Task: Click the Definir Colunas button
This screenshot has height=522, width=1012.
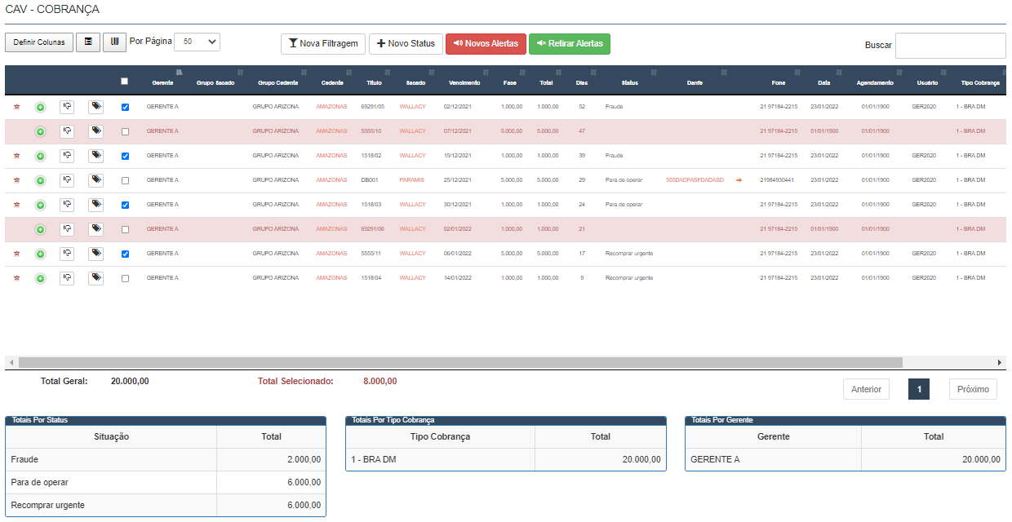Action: (38, 42)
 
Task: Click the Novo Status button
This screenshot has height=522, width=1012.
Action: (406, 44)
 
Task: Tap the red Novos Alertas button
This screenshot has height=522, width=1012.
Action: (486, 44)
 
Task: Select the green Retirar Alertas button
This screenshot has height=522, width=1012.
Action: (570, 44)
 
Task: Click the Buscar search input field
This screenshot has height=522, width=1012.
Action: (950, 46)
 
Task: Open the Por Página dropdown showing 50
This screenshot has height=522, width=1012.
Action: (198, 42)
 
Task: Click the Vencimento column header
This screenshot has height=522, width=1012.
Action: (464, 82)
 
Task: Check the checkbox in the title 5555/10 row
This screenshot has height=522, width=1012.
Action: (125, 131)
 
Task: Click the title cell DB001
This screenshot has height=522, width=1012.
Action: (369, 180)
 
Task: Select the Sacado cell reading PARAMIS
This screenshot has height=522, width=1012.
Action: (412, 180)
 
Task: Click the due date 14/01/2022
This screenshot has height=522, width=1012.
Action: (458, 278)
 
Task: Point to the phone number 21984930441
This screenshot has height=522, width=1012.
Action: (776, 180)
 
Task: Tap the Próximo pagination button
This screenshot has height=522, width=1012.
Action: (973, 389)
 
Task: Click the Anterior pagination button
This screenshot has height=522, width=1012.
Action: (866, 389)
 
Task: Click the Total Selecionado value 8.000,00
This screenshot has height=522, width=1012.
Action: (380, 381)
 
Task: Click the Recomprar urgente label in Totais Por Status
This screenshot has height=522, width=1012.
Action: (48, 506)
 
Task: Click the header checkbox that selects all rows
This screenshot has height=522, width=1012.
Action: (124, 81)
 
